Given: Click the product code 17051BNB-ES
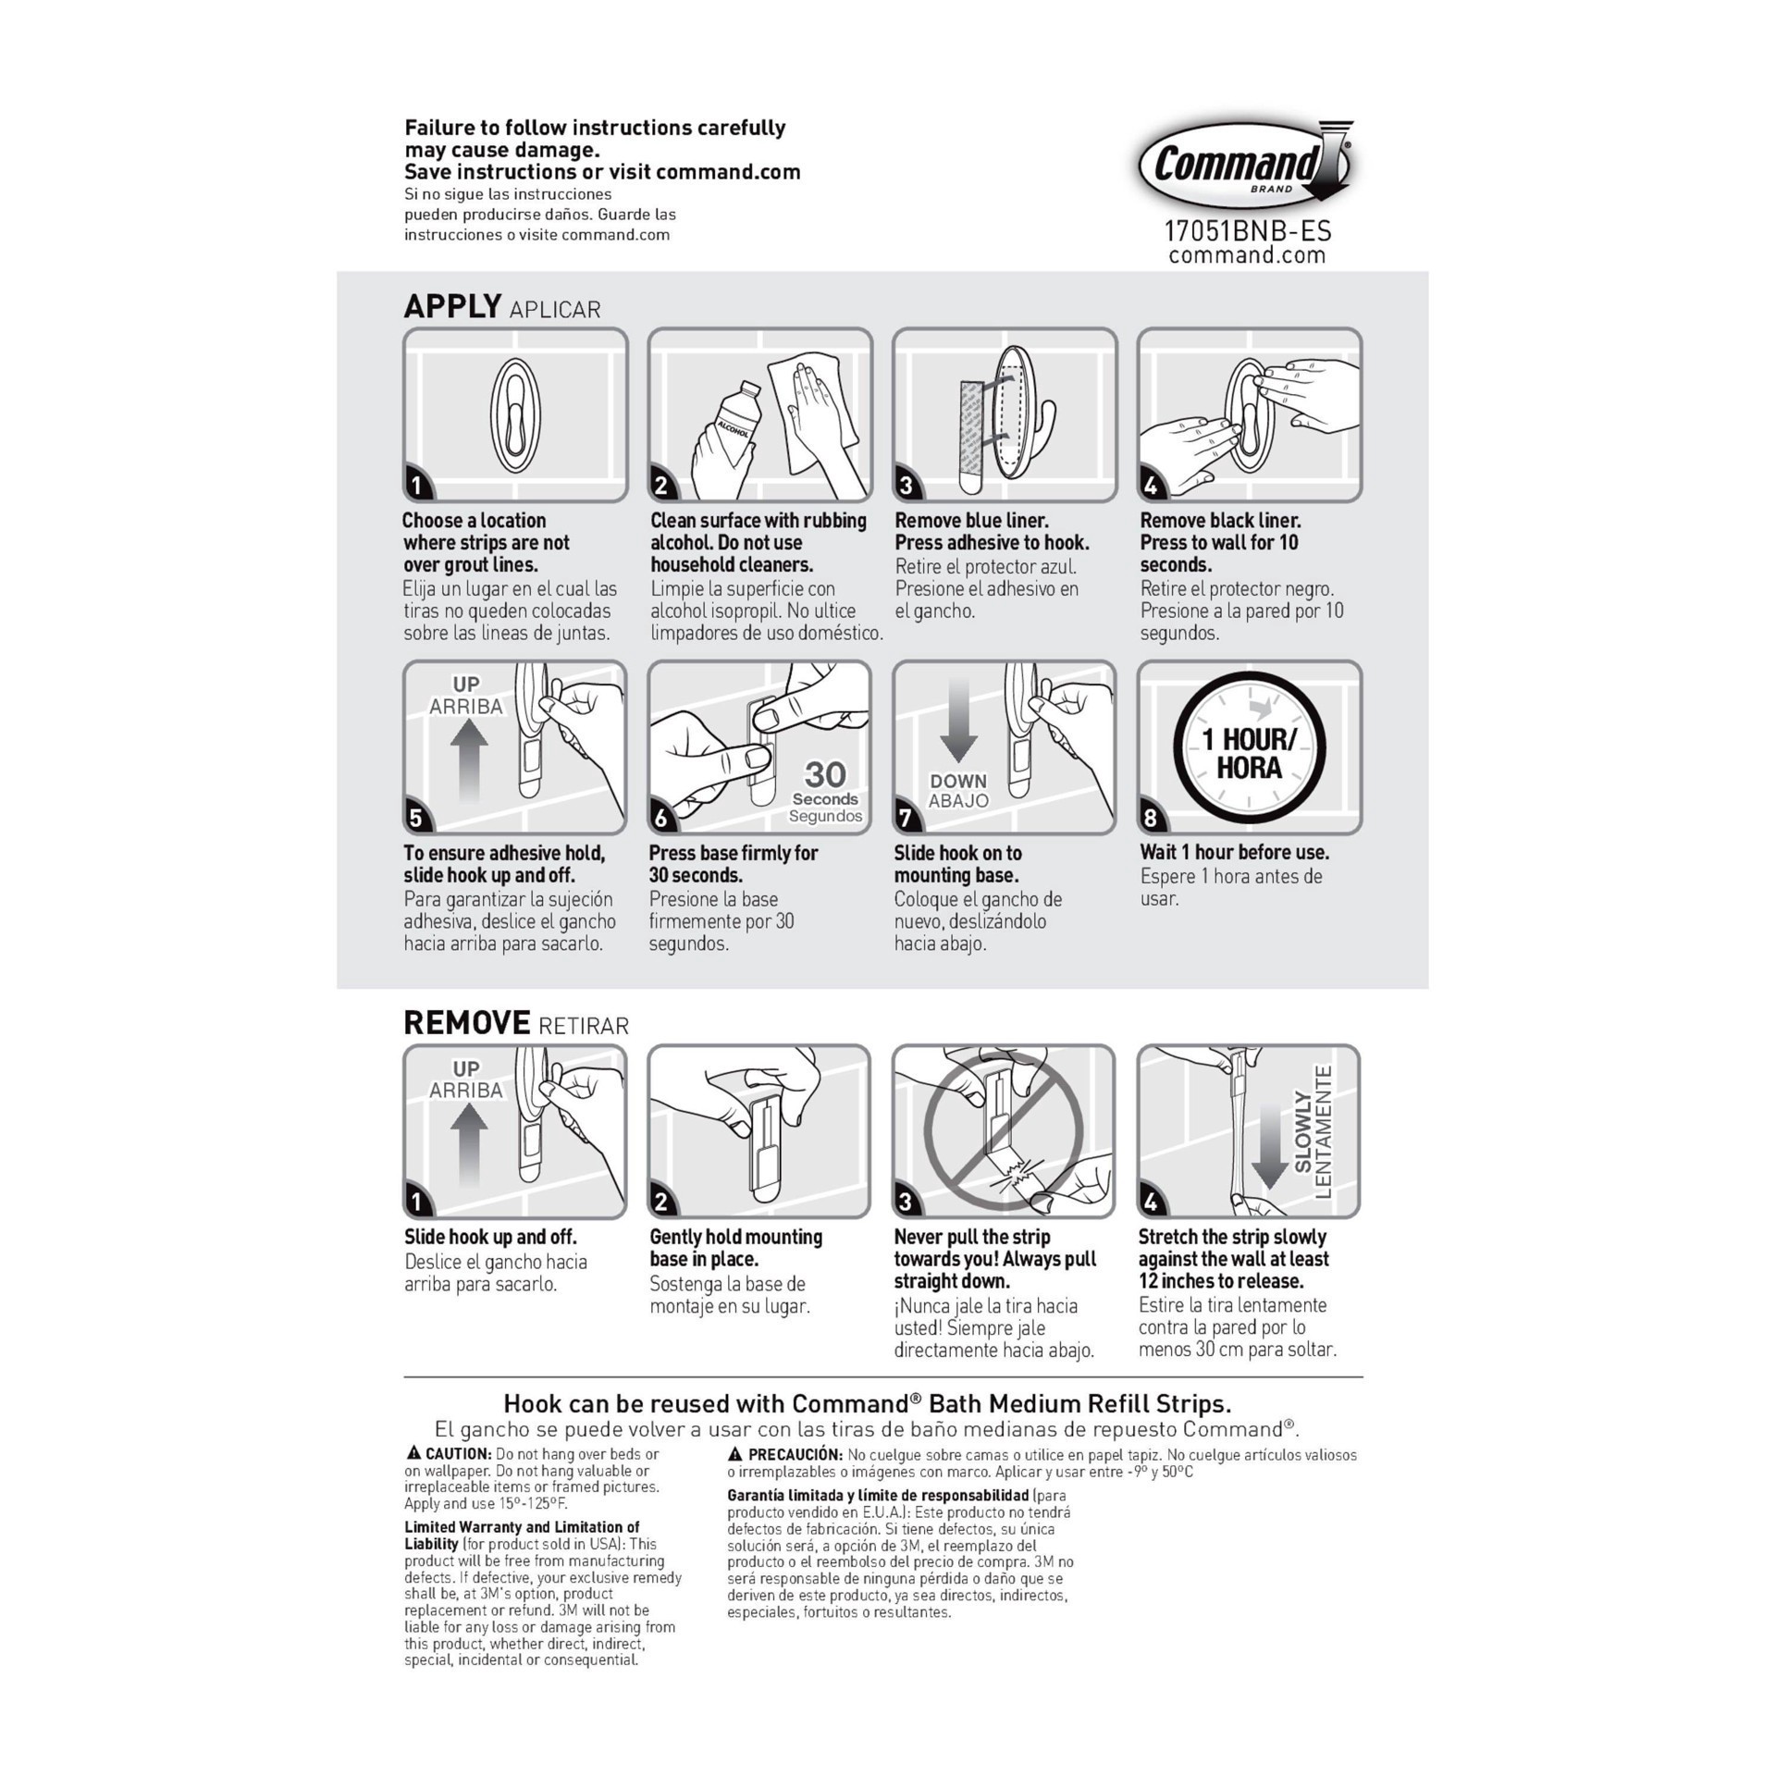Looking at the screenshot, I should [x=1247, y=230].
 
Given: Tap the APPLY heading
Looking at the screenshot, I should [x=452, y=306].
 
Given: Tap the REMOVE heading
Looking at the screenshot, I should [x=466, y=1022].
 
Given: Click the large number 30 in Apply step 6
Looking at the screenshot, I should [x=825, y=773].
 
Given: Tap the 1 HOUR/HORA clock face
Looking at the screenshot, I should [x=1249, y=748].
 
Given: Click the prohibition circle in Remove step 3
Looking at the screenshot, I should [x=1004, y=1129].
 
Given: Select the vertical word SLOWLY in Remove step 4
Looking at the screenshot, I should [x=1303, y=1131].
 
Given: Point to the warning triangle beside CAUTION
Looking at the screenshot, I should [x=413, y=1453].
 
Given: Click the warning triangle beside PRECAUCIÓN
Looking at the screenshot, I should [x=735, y=1454].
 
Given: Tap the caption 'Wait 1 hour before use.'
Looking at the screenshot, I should [x=1234, y=852].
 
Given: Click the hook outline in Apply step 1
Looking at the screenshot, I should [x=515, y=415].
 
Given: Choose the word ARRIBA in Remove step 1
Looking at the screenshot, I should [x=465, y=1090].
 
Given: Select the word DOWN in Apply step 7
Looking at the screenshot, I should [x=958, y=781].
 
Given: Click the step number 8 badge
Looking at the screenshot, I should [x=1151, y=818].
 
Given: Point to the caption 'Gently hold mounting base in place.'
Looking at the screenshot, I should [x=735, y=1248].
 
